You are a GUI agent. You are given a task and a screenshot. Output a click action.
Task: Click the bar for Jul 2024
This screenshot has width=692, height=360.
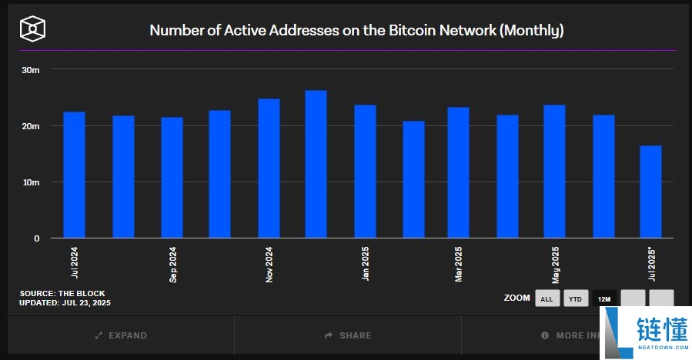(74, 175)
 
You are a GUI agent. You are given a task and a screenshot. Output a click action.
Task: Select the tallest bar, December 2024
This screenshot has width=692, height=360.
(316, 165)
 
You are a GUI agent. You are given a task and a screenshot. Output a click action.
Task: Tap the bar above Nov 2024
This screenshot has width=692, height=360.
(269, 168)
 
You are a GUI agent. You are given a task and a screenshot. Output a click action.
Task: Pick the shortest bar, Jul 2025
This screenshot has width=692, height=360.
(650, 192)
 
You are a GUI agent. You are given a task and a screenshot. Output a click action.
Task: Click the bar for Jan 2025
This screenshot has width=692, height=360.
(365, 172)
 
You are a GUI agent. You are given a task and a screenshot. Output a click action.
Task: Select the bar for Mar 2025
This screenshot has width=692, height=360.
(458, 173)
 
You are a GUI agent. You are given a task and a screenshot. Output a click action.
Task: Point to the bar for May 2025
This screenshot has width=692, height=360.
(554, 172)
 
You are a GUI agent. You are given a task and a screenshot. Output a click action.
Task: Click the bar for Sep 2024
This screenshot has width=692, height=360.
(172, 178)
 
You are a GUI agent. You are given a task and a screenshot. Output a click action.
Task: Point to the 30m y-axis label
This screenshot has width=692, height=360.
(31, 70)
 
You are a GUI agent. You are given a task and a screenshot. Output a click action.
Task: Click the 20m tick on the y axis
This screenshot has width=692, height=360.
(31, 126)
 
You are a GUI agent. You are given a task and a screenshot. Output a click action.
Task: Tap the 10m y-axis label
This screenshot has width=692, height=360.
(31, 182)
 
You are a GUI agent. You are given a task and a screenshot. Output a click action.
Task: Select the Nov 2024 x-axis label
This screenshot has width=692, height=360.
(269, 265)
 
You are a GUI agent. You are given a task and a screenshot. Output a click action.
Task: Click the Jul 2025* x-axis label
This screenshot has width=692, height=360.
(651, 265)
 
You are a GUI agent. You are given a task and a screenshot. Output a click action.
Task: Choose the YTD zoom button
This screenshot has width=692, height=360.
(575, 298)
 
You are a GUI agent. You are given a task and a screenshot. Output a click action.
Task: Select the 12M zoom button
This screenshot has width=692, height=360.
(603, 298)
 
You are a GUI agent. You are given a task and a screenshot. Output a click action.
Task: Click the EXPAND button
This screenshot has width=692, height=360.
(121, 335)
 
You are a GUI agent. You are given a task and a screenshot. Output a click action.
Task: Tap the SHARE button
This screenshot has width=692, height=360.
(348, 335)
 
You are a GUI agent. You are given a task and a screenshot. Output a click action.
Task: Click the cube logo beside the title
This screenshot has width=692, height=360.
(34, 30)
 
